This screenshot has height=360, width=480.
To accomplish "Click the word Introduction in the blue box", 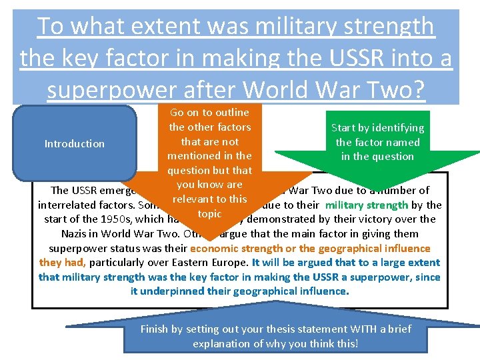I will tap(74, 143).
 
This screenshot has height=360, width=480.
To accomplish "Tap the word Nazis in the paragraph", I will tap(75, 234).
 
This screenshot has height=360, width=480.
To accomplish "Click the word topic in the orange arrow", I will tap(209, 214).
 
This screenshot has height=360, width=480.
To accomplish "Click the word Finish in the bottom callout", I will tap(157, 329).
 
